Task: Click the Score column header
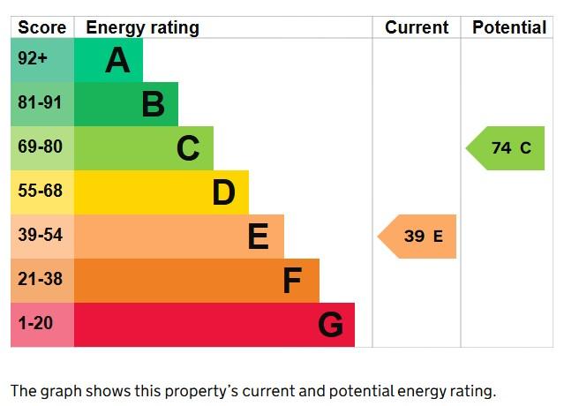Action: click(x=42, y=27)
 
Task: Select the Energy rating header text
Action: click(x=142, y=28)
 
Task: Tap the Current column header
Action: click(x=417, y=27)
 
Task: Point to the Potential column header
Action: click(x=509, y=27)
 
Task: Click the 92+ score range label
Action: click(x=33, y=58)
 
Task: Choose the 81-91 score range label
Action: click(x=40, y=102)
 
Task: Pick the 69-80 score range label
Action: click(x=41, y=147)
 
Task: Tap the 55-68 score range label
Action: click(x=41, y=191)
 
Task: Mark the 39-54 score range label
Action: click(x=41, y=235)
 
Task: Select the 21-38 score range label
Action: click(x=41, y=279)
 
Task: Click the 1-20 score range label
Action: click(x=35, y=323)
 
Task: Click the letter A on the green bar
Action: click(x=117, y=60)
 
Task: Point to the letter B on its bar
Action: click(x=154, y=104)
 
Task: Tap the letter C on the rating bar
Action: click(x=188, y=148)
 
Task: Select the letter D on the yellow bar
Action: click(x=223, y=192)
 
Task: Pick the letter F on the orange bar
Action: click(x=292, y=281)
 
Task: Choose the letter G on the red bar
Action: click(x=331, y=325)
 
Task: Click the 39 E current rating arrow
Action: click(x=417, y=237)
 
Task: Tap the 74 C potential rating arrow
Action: click(x=505, y=148)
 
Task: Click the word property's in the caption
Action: click(x=205, y=392)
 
